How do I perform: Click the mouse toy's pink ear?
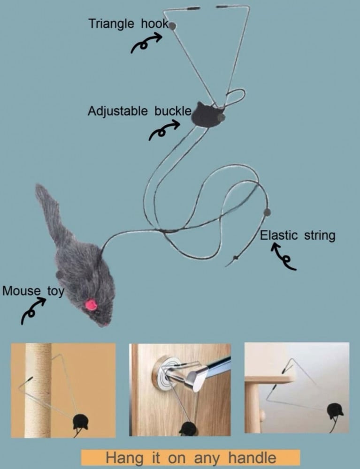[91, 305]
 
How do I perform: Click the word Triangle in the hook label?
[111, 23]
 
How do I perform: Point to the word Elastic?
[279, 235]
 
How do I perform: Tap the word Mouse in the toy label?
[21, 291]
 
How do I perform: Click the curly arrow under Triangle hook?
[146, 43]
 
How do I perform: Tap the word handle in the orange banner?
[252, 458]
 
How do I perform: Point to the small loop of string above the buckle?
[235, 97]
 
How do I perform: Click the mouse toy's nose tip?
[105, 325]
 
